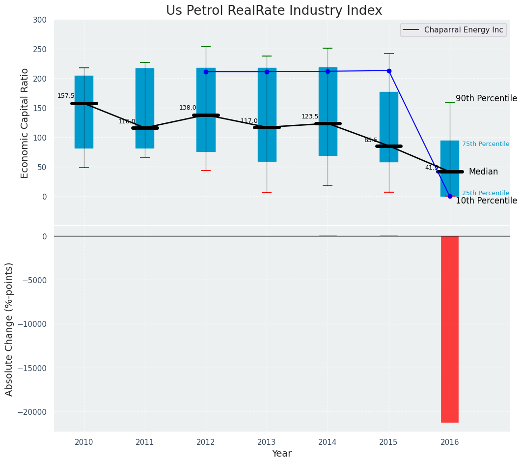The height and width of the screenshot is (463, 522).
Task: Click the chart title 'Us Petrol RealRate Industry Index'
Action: (x=274, y=11)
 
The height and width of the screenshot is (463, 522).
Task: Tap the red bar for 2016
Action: (x=449, y=329)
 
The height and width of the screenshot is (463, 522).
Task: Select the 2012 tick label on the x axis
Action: (x=206, y=442)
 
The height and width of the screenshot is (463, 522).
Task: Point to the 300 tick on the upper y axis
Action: (x=40, y=20)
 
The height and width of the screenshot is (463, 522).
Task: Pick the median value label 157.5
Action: (x=66, y=96)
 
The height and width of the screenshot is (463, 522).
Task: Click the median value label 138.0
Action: (x=188, y=108)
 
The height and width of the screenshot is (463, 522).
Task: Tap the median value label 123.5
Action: (x=310, y=116)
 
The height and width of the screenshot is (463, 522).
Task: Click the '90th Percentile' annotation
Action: (x=486, y=98)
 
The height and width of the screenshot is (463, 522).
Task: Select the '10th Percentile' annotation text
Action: (x=486, y=201)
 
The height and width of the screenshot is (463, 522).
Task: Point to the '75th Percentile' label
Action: (x=485, y=144)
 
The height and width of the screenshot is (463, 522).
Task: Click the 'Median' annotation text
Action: (x=483, y=172)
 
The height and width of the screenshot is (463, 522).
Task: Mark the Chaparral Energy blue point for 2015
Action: (x=389, y=71)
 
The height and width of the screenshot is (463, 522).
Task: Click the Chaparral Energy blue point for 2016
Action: (x=450, y=196)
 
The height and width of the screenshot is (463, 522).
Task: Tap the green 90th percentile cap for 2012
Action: (x=206, y=47)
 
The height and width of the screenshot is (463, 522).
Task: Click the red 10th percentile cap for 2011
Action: (x=145, y=157)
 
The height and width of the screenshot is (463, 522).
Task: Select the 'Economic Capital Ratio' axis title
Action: (x=25, y=122)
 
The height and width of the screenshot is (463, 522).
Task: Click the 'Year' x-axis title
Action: (x=281, y=454)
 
